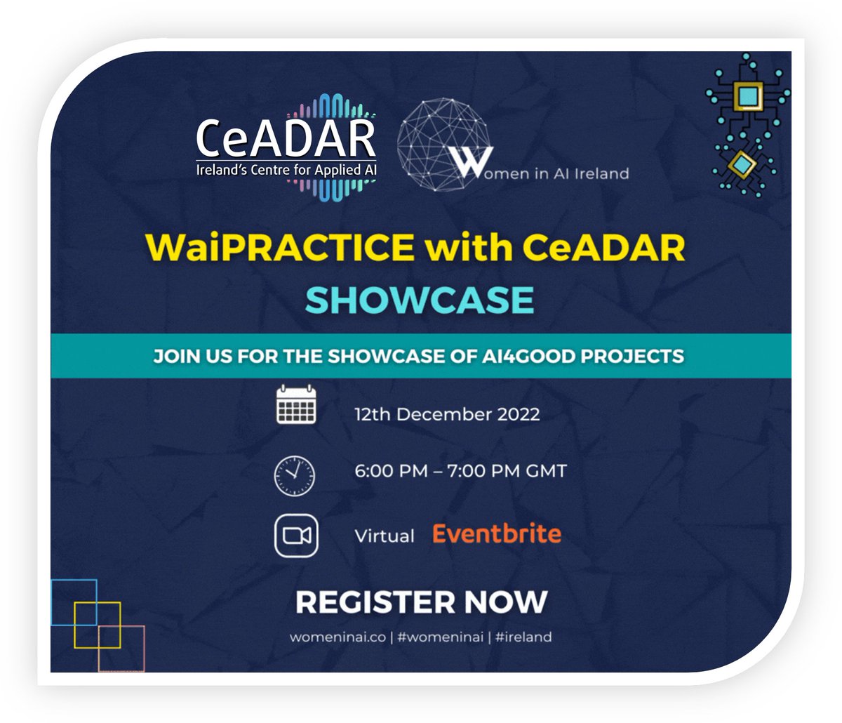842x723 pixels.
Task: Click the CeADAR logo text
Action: (x=286, y=138)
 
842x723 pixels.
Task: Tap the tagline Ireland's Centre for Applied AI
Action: (x=286, y=172)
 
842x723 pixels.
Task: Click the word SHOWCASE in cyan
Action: (x=420, y=300)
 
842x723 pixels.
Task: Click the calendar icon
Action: (x=295, y=406)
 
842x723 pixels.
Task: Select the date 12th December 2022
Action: (x=447, y=414)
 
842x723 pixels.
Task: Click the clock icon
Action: (x=295, y=475)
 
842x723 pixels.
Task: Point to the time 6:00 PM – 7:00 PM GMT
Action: (x=460, y=471)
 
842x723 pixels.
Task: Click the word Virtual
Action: (x=385, y=537)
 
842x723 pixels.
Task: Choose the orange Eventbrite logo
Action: (x=497, y=534)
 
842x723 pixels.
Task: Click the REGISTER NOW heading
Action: (x=421, y=602)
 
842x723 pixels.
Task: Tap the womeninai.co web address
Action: (x=337, y=637)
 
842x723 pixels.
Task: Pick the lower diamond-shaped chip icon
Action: (x=739, y=165)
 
